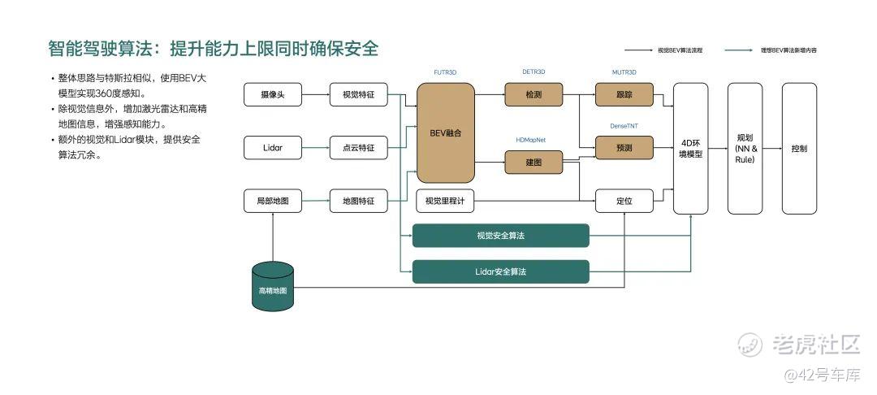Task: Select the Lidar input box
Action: pyautogui.click(x=273, y=148)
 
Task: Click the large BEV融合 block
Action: pyautogui.click(x=445, y=132)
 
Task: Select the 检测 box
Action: pyautogui.click(x=534, y=95)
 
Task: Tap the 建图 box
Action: pyautogui.click(x=534, y=163)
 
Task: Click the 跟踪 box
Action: pyautogui.click(x=624, y=95)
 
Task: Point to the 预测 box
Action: pyautogui.click(x=624, y=148)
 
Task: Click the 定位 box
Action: pyautogui.click(x=624, y=201)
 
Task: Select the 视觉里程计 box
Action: pyautogui.click(x=445, y=201)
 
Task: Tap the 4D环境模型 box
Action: pyautogui.click(x=690, y=148)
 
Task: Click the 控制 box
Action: pyautogui.click(x=799, y=148)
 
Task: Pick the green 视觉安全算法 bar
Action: pyautogui.click(x=501, y=236)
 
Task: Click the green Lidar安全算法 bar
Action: pyautogui.click(x=501, y=271)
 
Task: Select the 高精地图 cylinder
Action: pyautogui.click(x=273, y=288)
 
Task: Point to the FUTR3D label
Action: pyautogui.click(x=445, y=72)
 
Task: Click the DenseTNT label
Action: pyautogui.click(x=624, y=126)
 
